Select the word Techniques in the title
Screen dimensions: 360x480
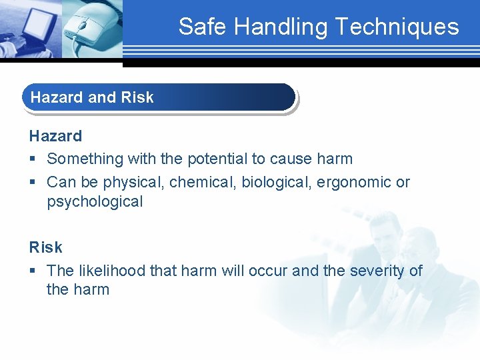click(x=397, y=27)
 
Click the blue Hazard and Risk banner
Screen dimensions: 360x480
click(x=159, y=97)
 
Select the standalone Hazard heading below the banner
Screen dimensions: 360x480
click(x=55, y=136)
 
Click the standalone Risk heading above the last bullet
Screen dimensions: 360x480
click(x=45, y=247)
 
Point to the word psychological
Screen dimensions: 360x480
click(x=95, y=202)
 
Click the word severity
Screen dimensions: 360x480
click(x=377, y=271)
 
